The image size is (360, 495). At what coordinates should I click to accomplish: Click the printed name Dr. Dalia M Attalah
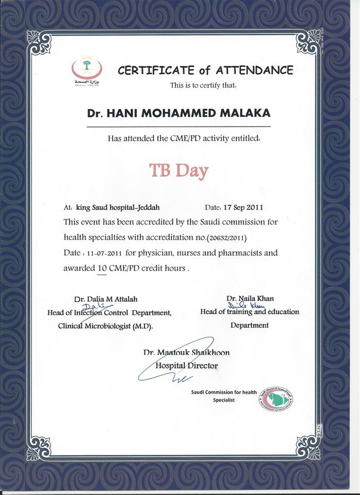(106, 298)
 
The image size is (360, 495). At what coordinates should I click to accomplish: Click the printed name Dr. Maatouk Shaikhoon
(187, 352)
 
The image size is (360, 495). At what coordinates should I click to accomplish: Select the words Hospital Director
(187, 366)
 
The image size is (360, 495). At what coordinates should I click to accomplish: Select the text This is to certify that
(203, 85)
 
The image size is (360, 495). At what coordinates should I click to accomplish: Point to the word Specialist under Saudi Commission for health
(224, 400)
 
